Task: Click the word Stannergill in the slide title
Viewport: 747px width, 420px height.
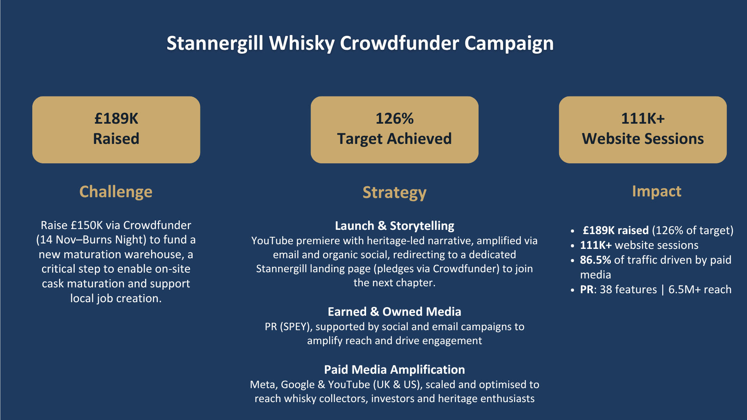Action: [215, 43]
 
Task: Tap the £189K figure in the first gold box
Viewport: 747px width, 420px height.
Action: [116, 119]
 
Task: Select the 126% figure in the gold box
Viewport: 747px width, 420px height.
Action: [395, 119]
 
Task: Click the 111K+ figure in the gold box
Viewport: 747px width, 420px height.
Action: [643, 119]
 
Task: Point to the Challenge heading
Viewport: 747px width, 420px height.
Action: [116, 192]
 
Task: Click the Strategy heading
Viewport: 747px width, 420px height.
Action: [395, 193]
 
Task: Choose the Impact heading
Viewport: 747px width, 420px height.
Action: [657, 191]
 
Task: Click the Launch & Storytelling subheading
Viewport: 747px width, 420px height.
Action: [395, 226]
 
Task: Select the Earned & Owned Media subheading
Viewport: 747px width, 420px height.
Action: [395, 312]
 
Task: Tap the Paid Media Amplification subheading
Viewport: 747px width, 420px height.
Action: [395, 370]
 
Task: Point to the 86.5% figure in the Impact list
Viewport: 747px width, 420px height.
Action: [595, 260]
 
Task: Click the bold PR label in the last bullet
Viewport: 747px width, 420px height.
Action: [587, 290]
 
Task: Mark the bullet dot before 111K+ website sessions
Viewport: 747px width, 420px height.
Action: [572, 246]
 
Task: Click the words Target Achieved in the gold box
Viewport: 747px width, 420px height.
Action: [395, 139]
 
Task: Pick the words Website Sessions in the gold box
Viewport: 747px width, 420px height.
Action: [643, 139]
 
